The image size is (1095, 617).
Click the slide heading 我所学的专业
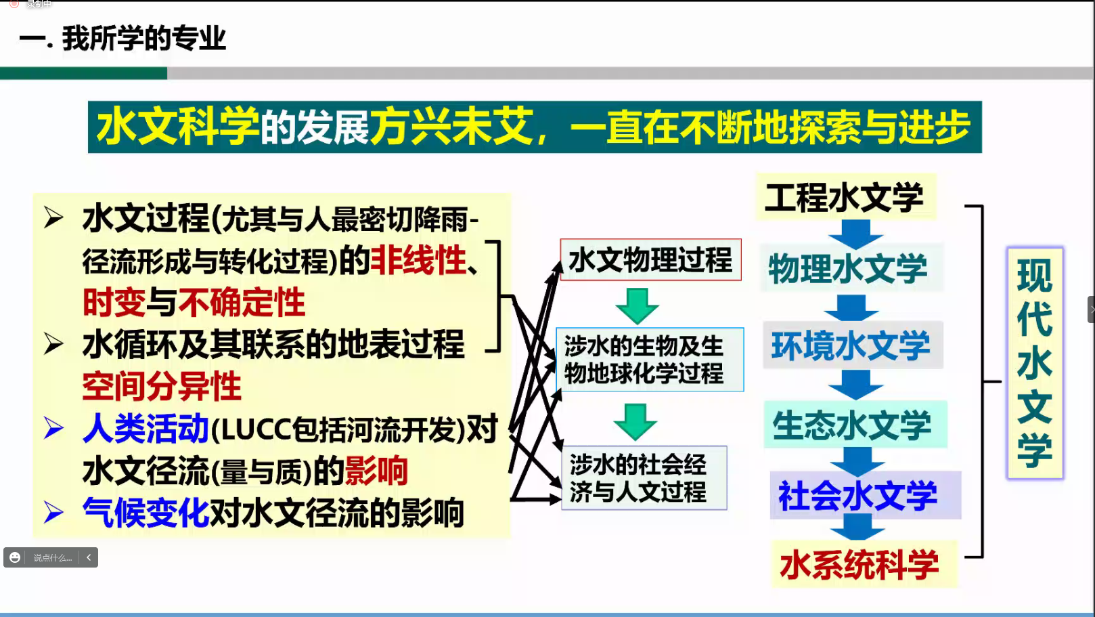click(143, 39)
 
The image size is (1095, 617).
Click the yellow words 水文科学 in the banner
click(177, 127)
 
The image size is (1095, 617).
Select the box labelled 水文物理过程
click(650, 260)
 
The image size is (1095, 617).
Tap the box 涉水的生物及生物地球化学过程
click(650, 360)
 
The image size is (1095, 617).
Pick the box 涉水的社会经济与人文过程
click(644, 478)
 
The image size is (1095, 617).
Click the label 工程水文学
click(845, 197)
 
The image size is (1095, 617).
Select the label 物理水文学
click(848, 268)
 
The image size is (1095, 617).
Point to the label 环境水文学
click(851, 345)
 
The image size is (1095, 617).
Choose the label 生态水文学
click(853, 425)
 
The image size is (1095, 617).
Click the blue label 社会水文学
click(858, 496)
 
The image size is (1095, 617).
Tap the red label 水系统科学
click(859, 564)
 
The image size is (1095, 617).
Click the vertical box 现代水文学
click(1035, 363)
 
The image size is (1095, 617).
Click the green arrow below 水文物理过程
click(637, 305)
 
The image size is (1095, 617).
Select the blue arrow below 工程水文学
click(855, 233)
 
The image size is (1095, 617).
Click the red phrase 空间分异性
click(162, 387)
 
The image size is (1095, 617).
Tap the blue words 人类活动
click(146, 429)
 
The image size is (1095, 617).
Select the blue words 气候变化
click(146, 513)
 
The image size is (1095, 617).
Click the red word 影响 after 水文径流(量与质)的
click(376, 471)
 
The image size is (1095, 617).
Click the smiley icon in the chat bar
click(15, 557)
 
